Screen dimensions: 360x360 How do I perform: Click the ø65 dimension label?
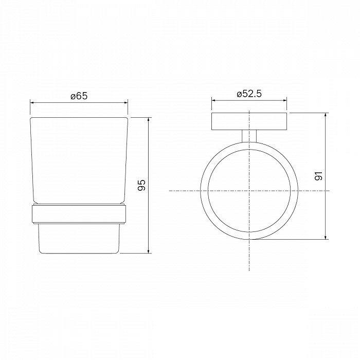click(79, 96)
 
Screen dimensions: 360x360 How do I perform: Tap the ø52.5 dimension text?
click(249, 94)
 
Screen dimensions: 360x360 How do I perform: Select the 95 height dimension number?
click(141, 185)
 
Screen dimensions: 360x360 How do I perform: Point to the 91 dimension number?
click(319, 176)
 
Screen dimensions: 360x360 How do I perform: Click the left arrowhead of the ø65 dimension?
click(32, 103)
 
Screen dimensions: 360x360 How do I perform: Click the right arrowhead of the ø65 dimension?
click(125, 103)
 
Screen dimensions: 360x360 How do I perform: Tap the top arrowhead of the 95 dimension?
click(149, 120)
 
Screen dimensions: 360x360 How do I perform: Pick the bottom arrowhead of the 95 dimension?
click(149, 251)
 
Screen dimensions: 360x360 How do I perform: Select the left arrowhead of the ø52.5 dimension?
click(214, 100)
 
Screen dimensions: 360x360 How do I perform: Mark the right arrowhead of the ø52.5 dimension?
click(284, 100)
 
